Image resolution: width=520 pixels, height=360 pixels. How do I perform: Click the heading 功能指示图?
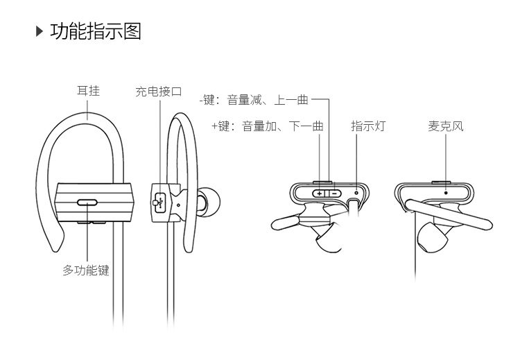tap(96, 32)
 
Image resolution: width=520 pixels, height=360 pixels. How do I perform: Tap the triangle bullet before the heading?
tap(40, 32)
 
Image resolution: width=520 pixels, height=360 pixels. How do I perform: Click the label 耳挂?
tap(88, 90)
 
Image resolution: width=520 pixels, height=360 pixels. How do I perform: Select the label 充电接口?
tap(159, 91)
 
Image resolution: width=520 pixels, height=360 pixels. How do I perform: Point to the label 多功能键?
tap(86, 271)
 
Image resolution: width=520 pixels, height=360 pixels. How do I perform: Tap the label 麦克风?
tap(446, 126)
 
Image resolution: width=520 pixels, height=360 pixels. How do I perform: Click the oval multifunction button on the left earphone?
tap(88, 203)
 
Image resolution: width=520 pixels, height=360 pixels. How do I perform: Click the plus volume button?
tap(320, 193)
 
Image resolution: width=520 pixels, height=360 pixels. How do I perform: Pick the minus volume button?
tap(334, 193)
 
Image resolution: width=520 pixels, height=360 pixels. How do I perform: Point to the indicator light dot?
tap(357, 192)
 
